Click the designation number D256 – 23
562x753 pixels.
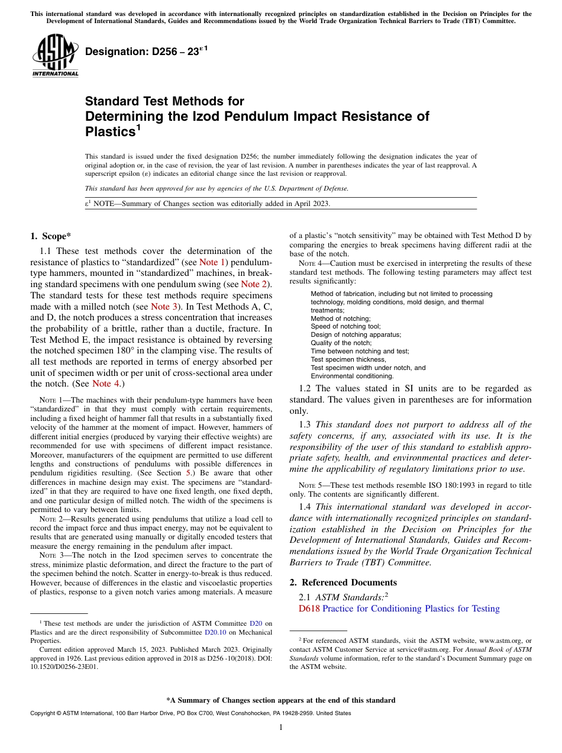142,52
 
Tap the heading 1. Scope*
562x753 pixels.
51,236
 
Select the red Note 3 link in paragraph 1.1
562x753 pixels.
163,306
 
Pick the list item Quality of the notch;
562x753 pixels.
341,343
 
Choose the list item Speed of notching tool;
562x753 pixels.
345,326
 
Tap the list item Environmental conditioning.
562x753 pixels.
352,376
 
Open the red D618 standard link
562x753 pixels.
309,609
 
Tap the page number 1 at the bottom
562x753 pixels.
281,728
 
